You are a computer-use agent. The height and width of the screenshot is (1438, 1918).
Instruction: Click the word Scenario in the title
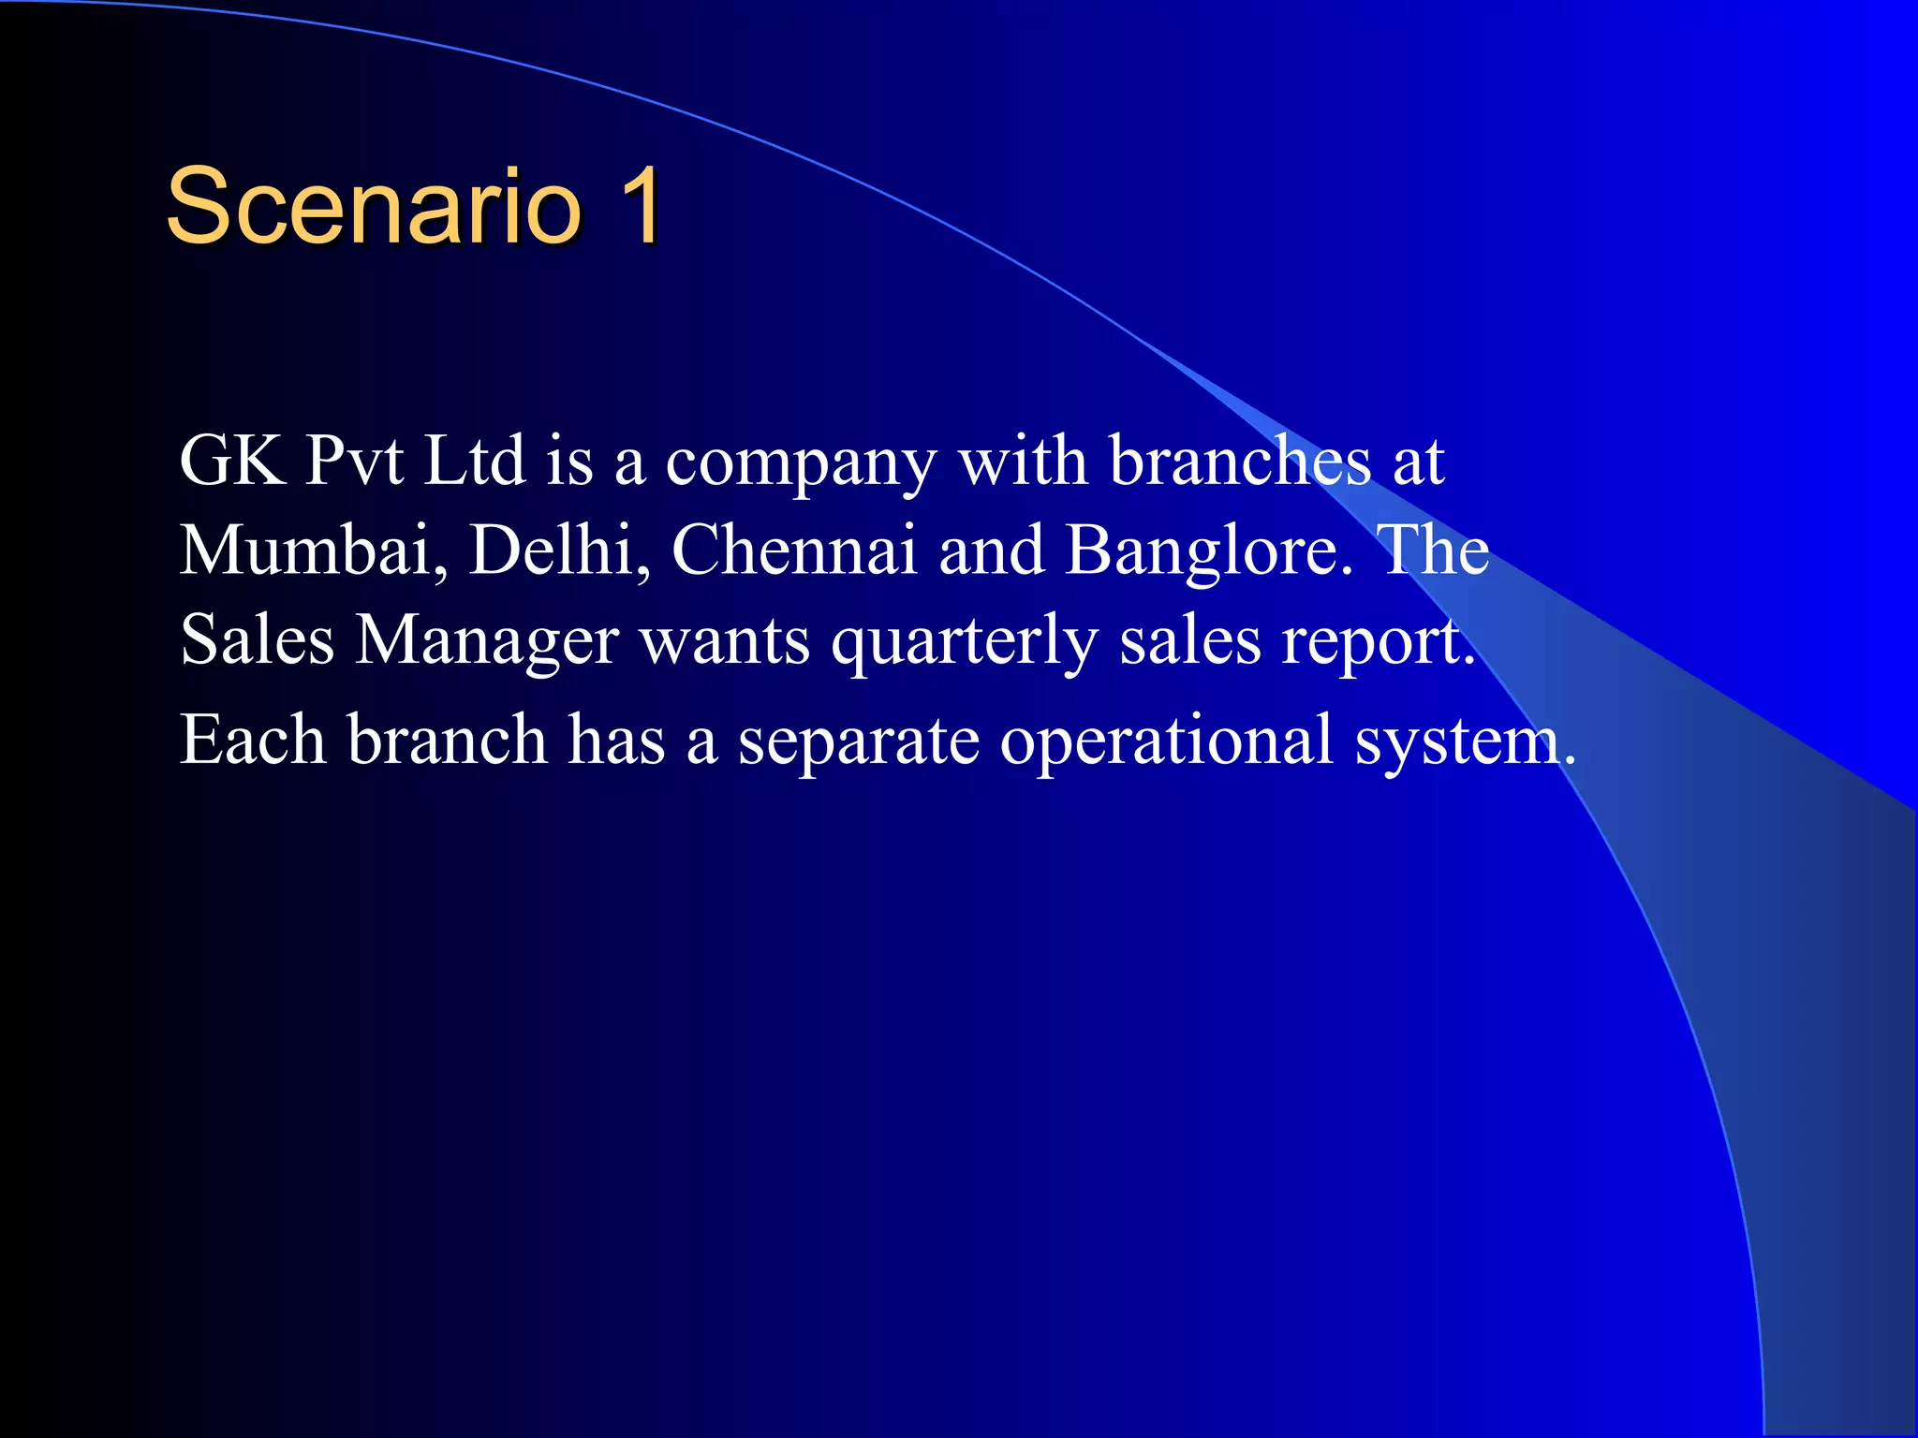[x=374, y=207]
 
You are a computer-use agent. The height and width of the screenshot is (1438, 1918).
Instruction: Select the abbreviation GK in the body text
[x=232, y=461]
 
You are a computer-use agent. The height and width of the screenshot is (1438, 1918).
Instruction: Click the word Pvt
[x=355, y=461]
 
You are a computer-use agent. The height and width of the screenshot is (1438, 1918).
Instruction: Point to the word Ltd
[x=474, y=461]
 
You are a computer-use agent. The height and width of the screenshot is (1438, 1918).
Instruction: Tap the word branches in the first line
[x=1239, y=461]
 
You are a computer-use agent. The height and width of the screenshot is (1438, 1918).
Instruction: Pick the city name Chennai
[x=794, y=550]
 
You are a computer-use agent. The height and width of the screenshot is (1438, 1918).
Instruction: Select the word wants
[x=725, y=642]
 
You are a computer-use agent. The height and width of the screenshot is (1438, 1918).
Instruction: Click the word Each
[x=253, y=740]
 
